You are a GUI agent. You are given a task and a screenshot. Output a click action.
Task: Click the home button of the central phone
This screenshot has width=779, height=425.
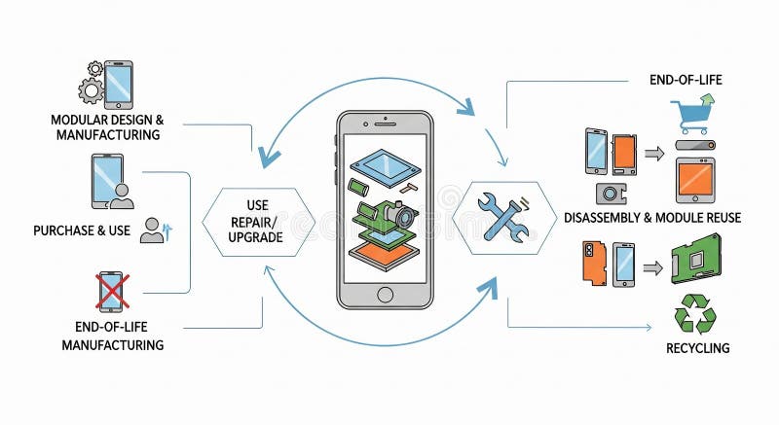tap(385, 294)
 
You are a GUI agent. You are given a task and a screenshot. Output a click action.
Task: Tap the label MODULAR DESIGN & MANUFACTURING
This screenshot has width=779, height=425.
tap(106, 127)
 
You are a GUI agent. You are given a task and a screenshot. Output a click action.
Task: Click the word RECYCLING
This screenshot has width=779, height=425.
tap(697, 348)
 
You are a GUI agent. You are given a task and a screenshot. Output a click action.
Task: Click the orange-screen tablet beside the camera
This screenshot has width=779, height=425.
tap(695, 180)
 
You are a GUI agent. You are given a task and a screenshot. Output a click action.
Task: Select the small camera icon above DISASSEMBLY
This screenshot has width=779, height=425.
tap(612, 193)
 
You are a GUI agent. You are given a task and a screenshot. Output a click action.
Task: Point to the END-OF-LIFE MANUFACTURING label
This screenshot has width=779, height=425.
tap(113, 336)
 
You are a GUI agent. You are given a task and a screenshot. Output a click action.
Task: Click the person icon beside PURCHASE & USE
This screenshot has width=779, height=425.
tap(152, 230)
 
